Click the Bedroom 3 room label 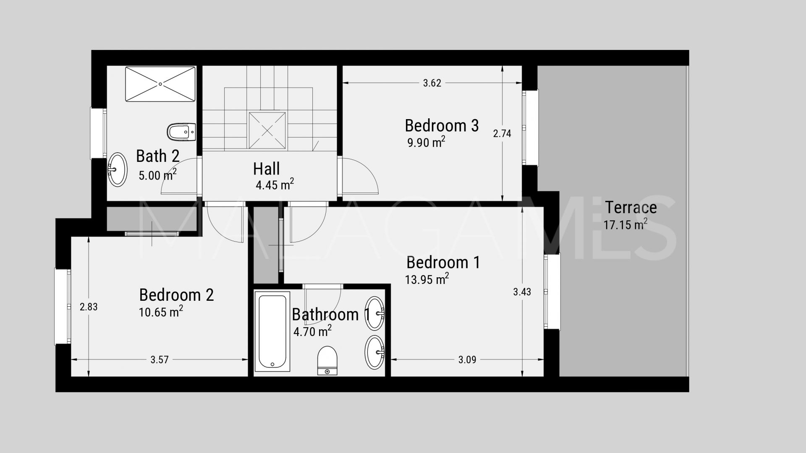pos(442,125)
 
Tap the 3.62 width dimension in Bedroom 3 pos(432,83)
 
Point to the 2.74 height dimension pos(502,133)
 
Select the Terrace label pos(631,207)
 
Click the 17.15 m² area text pos(625,224)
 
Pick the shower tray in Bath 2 pos(160,83)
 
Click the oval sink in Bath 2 pos(118,169)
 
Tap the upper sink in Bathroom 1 pos(374,313)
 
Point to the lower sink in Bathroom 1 pos(374,352)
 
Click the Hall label pos(266,169)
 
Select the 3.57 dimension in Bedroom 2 pos(160,359)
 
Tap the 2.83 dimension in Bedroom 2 pos(89,307)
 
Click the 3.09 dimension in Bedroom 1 pos(467,359)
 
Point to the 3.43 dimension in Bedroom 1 pos(522,292)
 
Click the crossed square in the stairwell pos(267,130)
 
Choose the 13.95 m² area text pos(427,279)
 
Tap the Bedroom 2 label pos(176,295)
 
